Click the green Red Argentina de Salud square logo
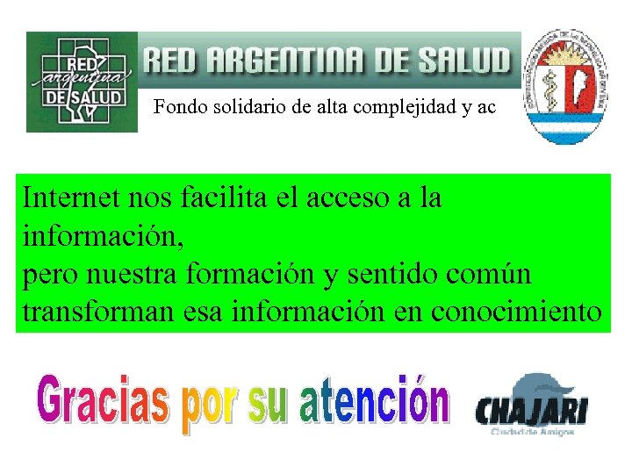coord(82,82)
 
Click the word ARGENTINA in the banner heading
coord(277,61)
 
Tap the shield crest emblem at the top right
coord(568,90)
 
